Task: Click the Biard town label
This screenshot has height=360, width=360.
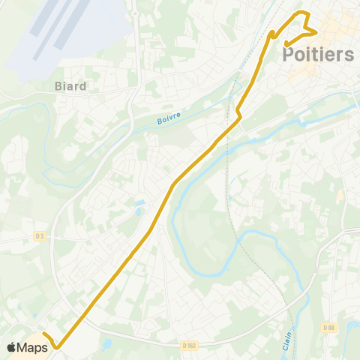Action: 70,85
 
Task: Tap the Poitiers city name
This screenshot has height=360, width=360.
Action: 318,55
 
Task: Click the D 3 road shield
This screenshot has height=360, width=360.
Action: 39,235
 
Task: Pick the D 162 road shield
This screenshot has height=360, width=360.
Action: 189,345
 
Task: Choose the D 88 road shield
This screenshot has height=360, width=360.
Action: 328,327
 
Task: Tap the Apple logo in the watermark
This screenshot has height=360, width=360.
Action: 11,347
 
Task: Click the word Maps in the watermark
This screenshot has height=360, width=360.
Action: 33,347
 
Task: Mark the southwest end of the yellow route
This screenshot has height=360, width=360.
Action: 43,334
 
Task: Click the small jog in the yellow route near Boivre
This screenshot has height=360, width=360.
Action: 238,113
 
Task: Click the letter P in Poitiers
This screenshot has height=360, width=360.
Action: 289,55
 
